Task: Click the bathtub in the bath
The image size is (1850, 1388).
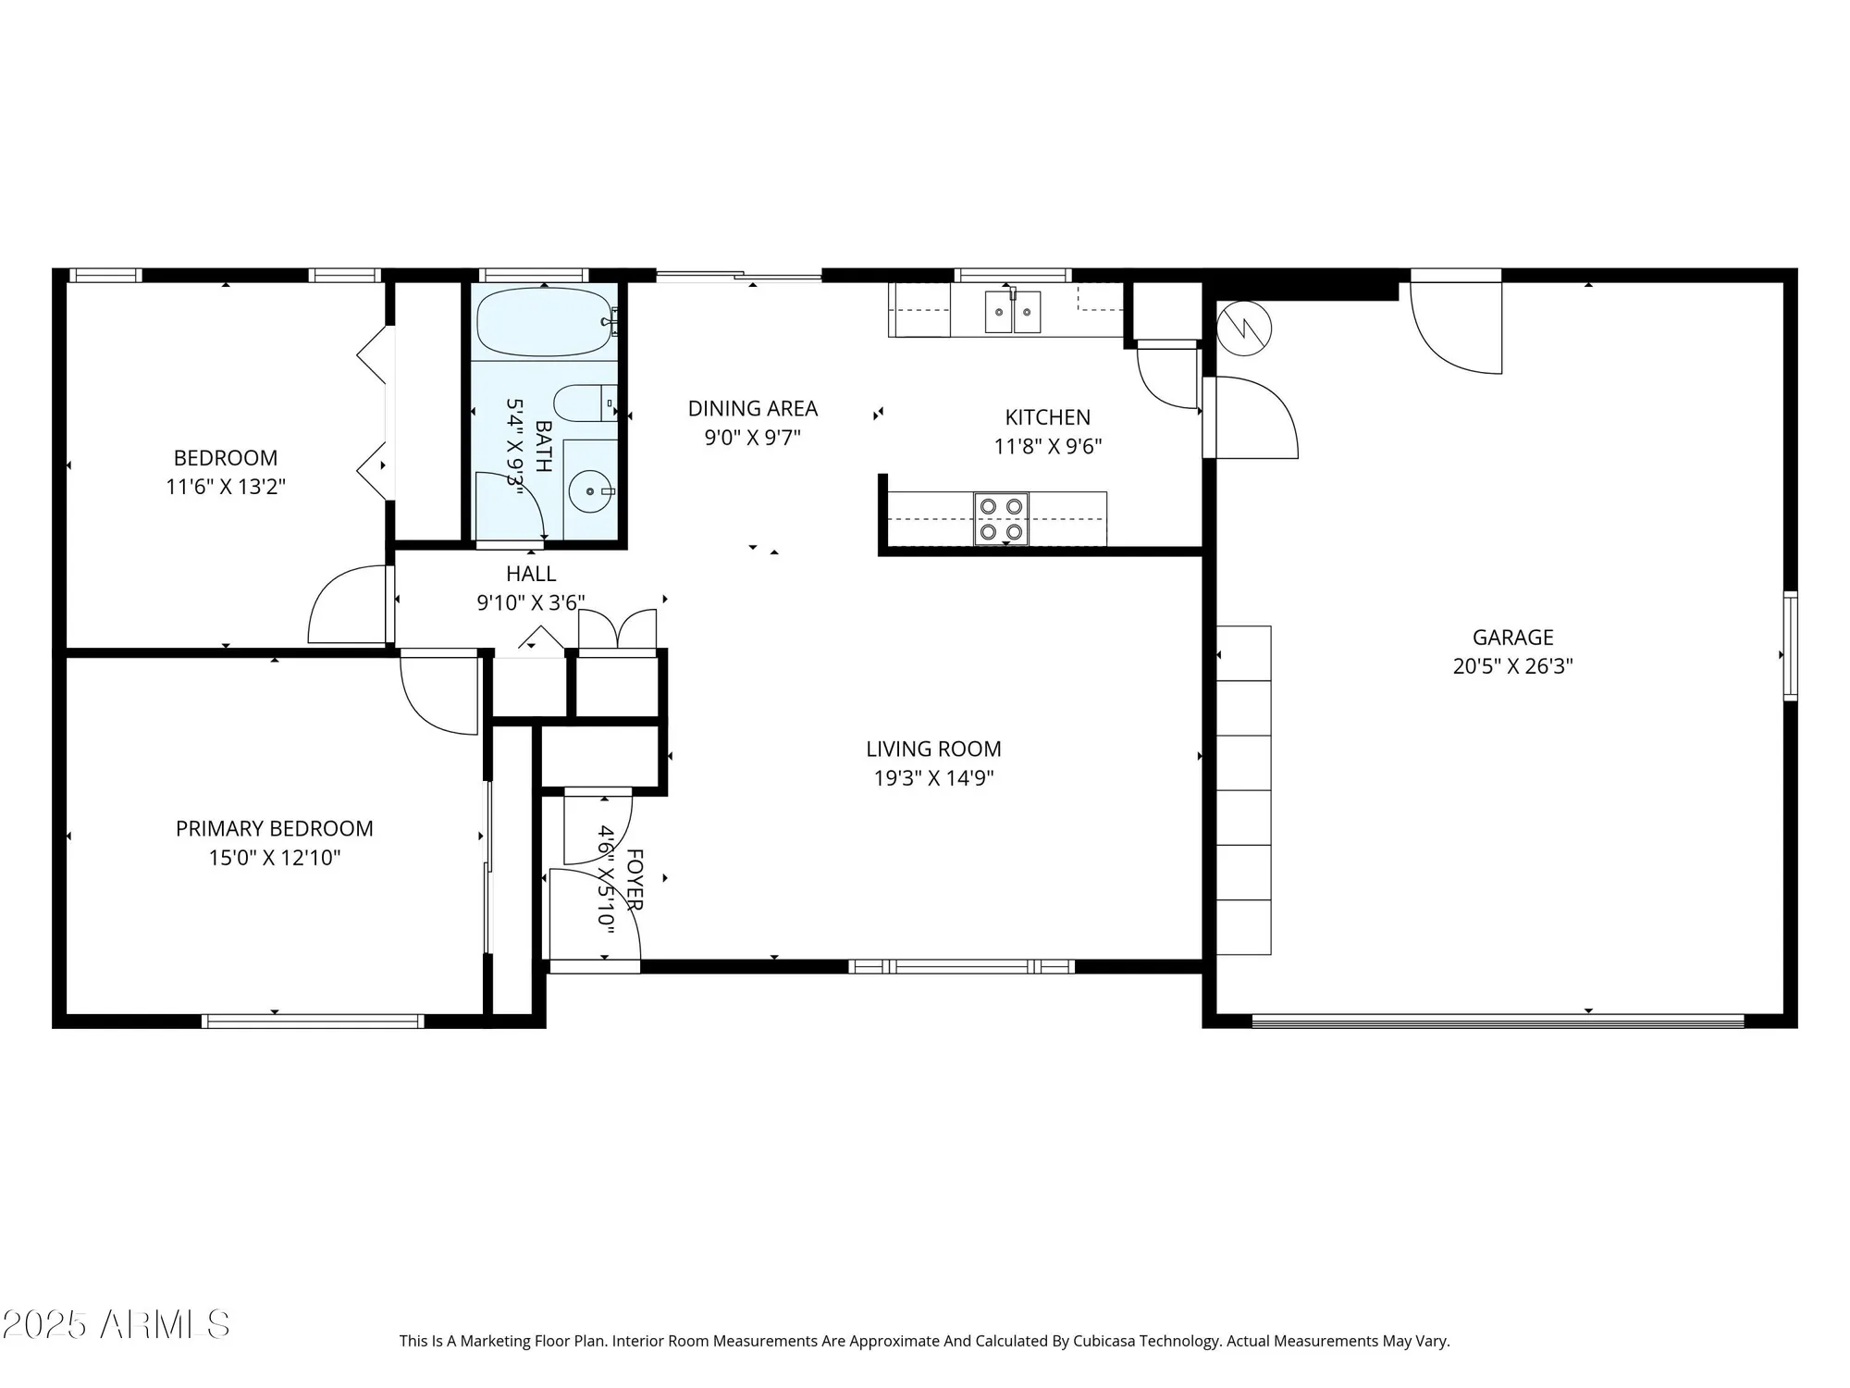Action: pos(545,322)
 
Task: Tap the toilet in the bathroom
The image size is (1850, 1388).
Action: pos(583,403)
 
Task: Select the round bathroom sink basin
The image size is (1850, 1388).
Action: pos(587,492)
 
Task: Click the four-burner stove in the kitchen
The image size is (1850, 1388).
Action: pos(1001,518)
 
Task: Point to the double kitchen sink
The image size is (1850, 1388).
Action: pos(1012,312)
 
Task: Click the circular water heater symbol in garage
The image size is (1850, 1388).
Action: pos(1244,328)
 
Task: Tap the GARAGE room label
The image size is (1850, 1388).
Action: pos(1512,637)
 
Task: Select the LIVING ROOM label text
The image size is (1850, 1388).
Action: pos(933,749)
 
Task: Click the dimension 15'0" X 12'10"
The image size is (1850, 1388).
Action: pos(275,858)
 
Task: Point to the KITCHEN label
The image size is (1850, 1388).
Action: pos(1047,417)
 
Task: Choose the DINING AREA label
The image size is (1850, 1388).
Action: pos(752,408)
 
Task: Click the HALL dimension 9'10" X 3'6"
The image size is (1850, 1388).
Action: pos(530,603)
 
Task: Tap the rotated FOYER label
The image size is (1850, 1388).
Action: pos(635,879)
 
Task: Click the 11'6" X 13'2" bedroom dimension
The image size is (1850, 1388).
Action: pos(226,487)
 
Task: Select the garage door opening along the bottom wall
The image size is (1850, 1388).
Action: pos(1497,1022)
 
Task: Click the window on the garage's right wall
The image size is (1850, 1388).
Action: pos(1790,645)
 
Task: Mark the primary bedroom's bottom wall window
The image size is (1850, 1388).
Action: pos(313,1022)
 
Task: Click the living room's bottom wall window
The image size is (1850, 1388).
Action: pos(961,967)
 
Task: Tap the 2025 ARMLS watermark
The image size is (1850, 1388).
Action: pos(116,1324)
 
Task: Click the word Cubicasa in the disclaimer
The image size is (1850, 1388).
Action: pos(1104,1341)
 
